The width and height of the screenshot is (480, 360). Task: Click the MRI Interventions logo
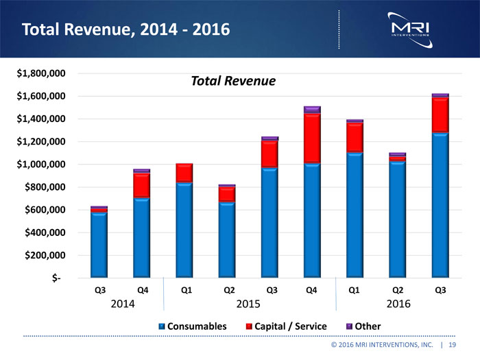point(409,27)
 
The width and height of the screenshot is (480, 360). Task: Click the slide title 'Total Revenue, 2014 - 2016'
point(125,30)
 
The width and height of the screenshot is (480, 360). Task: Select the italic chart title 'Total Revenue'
point(232,82)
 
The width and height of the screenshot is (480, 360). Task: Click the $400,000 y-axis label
point(43,233)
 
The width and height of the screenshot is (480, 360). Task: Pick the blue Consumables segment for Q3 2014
point(99,245)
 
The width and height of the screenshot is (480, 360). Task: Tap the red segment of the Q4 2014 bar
point(142,185)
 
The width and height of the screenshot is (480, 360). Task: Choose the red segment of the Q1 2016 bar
point(355,138)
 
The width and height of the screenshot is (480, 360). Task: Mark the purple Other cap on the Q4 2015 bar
point(312,109)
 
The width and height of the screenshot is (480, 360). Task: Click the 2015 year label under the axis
point(249,304)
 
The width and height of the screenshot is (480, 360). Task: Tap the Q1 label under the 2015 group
point(185,290)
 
